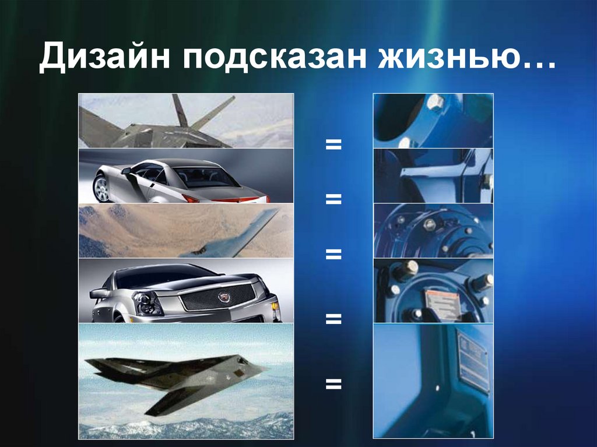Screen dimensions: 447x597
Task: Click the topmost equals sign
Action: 333,143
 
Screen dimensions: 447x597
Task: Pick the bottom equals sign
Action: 333,383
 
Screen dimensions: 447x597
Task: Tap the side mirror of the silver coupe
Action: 125,171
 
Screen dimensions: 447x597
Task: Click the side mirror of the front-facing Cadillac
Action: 99,293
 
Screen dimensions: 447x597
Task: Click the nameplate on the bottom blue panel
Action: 473,362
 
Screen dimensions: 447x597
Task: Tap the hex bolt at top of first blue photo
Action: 434,104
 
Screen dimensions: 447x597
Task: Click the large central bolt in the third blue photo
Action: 430,225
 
